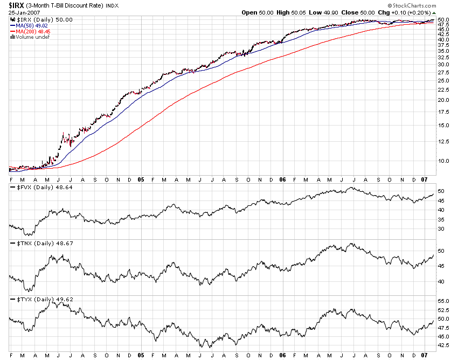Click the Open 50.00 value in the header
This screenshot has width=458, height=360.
[258, 12]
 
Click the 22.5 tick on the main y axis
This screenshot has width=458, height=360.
[442, 89]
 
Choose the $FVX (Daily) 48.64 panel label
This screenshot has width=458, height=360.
[40, 188]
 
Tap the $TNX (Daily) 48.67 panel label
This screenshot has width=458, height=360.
[40, 244]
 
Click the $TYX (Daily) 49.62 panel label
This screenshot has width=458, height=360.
[40, 299]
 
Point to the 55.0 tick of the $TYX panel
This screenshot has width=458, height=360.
[442, 301]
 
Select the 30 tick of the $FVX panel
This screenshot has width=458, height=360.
[440, 229]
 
